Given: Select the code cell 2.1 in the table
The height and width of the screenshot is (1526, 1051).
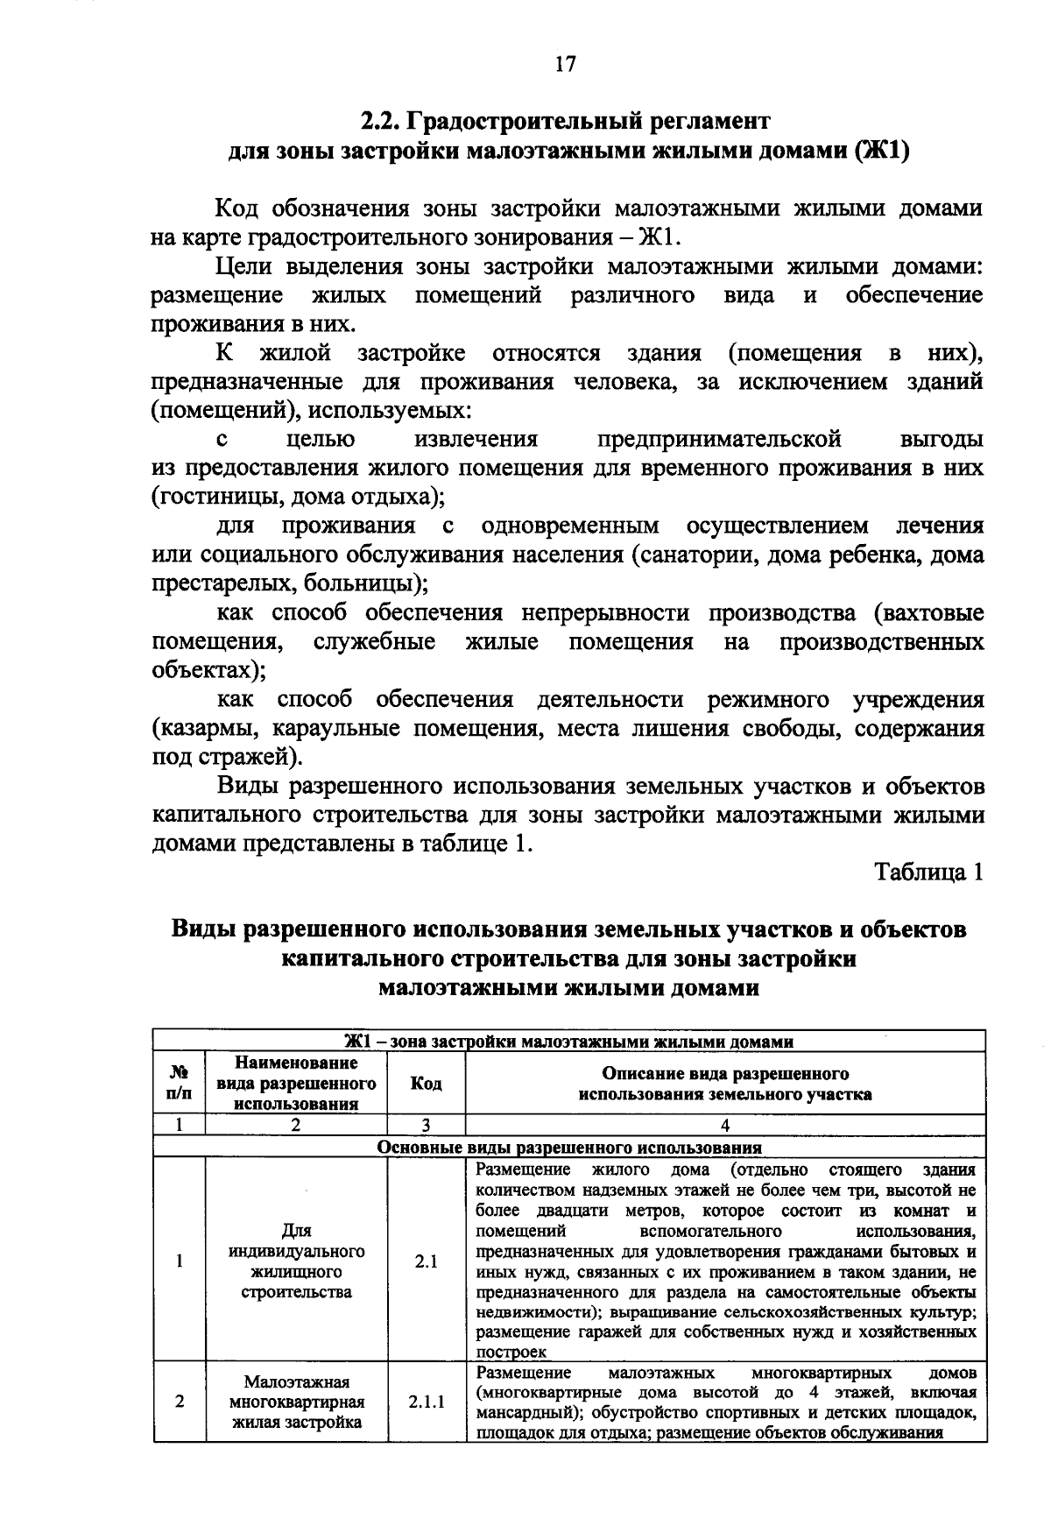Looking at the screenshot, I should coord(426,1262).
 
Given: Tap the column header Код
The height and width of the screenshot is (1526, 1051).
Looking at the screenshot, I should coord(426,1084).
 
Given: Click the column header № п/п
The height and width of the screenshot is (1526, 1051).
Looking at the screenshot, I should coord(179,1084).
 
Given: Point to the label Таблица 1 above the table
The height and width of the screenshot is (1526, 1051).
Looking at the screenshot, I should coord(928,873).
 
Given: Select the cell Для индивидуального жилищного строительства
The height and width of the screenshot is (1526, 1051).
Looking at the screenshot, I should coord(296,1262).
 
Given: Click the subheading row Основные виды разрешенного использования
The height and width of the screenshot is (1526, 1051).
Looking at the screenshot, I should coord(569,1148).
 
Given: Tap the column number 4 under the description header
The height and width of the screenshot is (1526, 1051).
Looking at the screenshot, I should coord(725,1127).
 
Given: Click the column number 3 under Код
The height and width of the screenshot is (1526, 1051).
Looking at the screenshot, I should coord(426,1127).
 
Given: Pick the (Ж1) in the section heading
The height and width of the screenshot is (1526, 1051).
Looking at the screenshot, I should coord(881,151).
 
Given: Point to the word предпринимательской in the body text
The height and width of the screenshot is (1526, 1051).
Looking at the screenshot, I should coord(719,438).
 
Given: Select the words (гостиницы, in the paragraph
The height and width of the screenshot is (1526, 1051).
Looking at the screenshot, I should coord(205,497).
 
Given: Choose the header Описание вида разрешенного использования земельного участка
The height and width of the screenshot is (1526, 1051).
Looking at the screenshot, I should coord(725,1084).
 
